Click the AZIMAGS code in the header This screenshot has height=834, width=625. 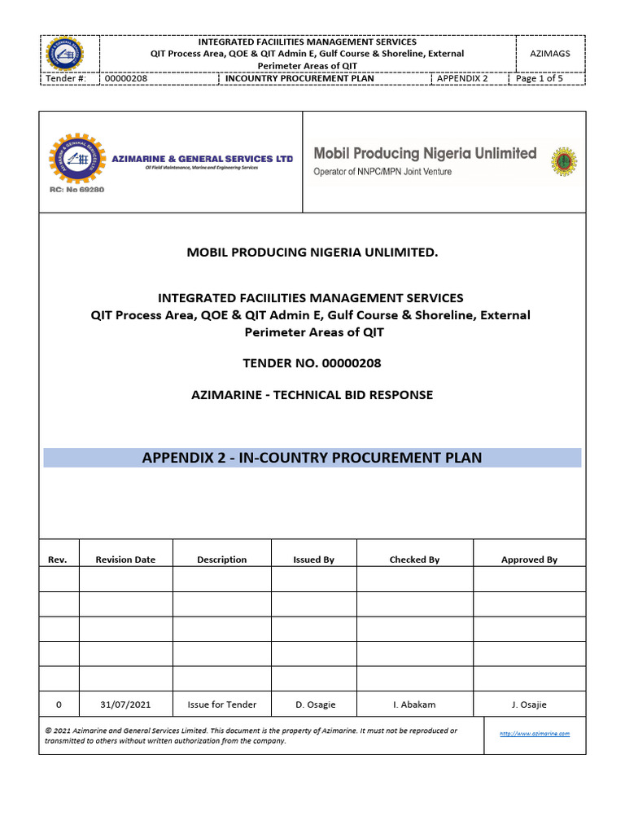point(549,53)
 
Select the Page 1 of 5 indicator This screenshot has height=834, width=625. point(540,79)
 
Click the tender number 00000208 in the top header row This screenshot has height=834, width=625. point(126,79)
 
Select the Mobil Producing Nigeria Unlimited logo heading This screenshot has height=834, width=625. point(425,153)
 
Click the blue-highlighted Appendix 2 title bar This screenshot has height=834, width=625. point(312,458)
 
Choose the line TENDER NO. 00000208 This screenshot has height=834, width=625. point(312,363)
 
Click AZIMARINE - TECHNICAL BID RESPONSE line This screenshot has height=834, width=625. point(312,395)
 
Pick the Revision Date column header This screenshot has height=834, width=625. point(125,560)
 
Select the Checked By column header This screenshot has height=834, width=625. point(414,560)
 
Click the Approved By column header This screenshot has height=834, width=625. point(529,560)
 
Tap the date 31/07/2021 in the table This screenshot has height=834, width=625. point(125,705)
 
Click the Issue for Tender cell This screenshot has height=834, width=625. point(221,705)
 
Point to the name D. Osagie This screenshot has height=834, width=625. point(314,705)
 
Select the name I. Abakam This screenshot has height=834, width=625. point(414,705)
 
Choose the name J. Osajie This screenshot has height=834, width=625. point(529,705)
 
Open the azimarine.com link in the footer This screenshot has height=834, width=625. point(534,734)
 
